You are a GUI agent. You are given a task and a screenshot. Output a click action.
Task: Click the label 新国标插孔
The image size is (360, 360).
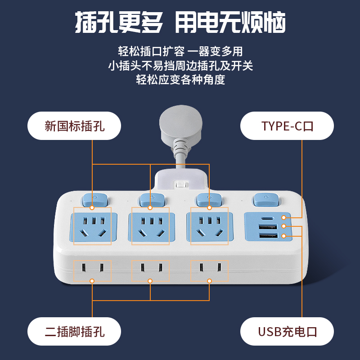pos(74,126)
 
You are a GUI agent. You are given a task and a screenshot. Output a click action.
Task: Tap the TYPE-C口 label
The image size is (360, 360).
pos(287,126)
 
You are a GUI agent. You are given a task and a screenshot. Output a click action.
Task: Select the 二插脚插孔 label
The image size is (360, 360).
pos(74,332)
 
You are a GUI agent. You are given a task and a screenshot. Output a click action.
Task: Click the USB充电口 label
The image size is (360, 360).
pos(287,332)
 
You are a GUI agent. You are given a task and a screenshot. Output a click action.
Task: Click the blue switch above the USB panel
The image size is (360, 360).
pos(265,198)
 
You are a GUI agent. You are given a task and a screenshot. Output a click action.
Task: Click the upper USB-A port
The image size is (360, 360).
pos(267,227)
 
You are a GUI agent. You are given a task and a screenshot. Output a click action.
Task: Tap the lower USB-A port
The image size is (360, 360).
pos(267,236)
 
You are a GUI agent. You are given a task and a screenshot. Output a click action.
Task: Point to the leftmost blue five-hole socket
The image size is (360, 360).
pos(92,227)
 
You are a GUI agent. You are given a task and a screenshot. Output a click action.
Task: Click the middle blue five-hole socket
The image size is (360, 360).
pos(151,227)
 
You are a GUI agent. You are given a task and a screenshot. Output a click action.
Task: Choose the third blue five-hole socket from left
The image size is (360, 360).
pos(209,227)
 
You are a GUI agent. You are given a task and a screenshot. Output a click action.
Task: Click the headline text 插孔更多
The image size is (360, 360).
pos(119,23)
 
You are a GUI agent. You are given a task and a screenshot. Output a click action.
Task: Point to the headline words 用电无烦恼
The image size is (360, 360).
pos(229,23)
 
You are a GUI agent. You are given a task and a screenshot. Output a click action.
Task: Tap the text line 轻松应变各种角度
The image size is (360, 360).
pos(180,80)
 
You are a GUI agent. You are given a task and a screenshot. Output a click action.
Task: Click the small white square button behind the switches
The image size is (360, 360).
pos(180,184)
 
